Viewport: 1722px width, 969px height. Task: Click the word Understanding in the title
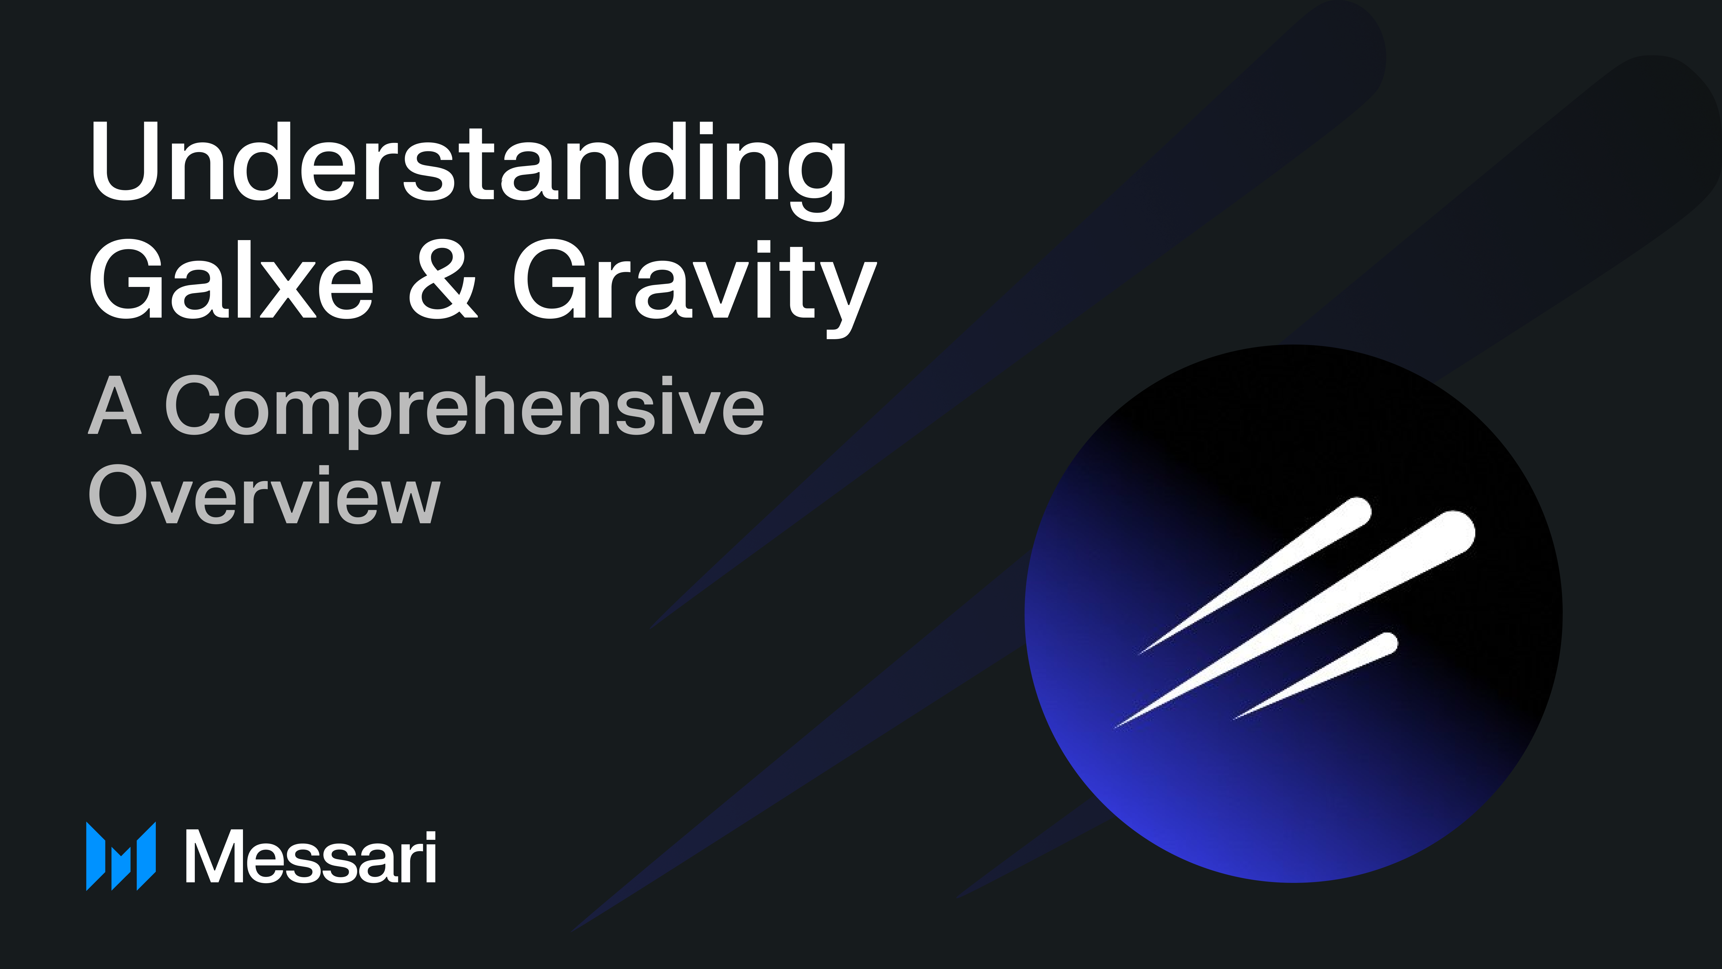pyautogui.click(x=468, y=164)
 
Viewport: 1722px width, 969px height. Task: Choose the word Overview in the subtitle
pyautogui.click(x=264, y=495)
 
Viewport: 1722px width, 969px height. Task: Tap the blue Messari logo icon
pyautogui.click(x=121, y=856)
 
